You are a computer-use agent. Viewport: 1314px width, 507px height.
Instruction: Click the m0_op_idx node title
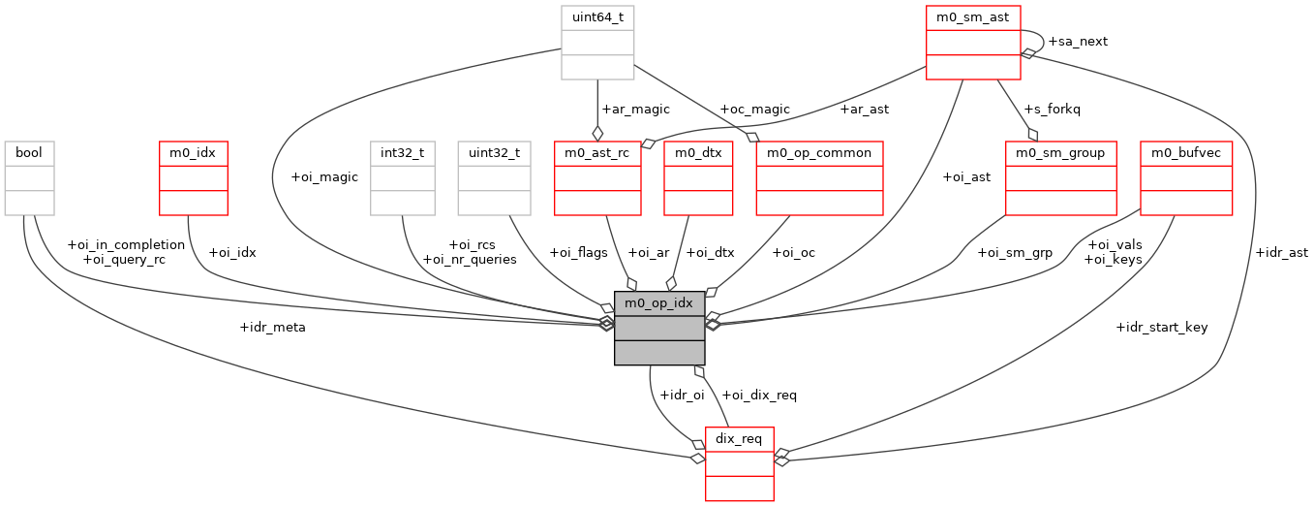pos(659,302)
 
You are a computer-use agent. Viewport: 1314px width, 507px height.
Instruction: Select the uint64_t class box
pos(597,42)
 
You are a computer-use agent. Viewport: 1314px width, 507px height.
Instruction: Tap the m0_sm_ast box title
pos(973,18)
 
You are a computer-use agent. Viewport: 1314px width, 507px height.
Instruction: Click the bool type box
pos(29,177)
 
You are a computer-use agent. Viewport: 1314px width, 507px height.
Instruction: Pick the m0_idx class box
pos(193,177)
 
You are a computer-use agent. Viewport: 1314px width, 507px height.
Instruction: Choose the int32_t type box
pos(402,177)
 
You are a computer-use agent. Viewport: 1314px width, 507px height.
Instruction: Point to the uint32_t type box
pos(494,177)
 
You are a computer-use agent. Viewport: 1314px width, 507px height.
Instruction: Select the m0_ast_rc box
pos(597,177)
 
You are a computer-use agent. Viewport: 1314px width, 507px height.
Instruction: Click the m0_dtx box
pos(697,177)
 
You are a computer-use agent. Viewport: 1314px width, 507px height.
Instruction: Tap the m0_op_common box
pos(819,177)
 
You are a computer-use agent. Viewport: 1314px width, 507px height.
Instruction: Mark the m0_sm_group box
pos(1061,177)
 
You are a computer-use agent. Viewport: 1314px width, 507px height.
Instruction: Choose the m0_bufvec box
pos(1186,177)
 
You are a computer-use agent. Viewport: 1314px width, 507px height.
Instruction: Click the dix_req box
pos(739,463)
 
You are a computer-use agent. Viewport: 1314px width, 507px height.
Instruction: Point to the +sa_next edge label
pos(1078,42)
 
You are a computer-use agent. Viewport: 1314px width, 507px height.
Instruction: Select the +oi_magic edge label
pos(324,177)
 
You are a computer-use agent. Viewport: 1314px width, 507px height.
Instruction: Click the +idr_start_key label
pos(1162,328)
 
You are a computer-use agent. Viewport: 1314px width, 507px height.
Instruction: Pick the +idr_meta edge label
pos(272,328)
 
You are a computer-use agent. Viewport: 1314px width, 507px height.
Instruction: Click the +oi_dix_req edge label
pos(759,395)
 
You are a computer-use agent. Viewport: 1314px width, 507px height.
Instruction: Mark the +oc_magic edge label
pos(754,110)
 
